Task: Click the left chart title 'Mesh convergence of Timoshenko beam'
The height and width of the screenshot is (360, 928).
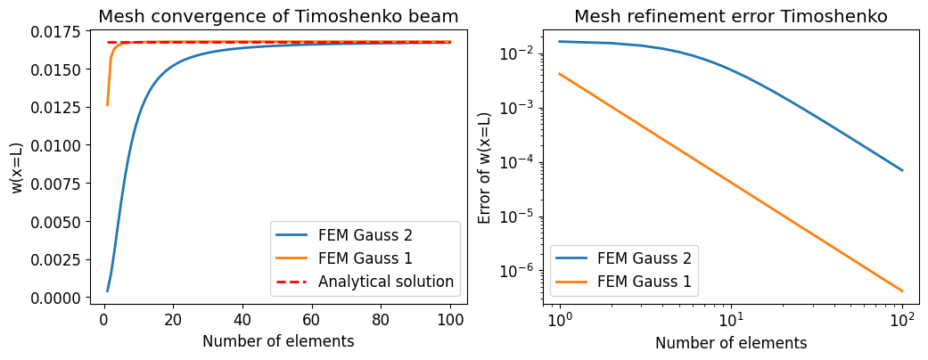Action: tap(279, 16)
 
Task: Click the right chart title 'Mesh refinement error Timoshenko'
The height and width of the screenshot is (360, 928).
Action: tap(730, 16)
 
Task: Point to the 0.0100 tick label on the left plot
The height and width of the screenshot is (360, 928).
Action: tap(58, 145)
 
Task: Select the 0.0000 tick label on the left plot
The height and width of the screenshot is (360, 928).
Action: tap(58, 298)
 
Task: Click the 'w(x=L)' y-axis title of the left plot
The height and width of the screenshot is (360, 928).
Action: tap(18, 168)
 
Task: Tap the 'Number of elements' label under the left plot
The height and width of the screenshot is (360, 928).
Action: tap(278, 341)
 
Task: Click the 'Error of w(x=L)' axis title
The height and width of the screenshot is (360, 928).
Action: tap(485, 168)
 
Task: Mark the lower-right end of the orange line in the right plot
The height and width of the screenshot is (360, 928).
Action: tap(902, 290)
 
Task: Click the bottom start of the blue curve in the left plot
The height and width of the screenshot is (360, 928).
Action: tap(107, 290)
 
